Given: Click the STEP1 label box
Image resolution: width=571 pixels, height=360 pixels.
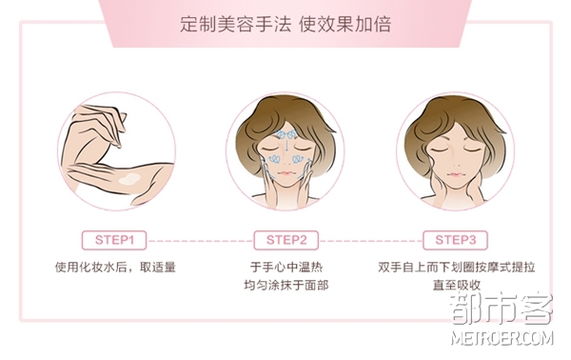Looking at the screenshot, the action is click(x=114, y=240).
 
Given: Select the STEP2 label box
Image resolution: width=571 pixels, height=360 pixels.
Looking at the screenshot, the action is click(x=286, y=240).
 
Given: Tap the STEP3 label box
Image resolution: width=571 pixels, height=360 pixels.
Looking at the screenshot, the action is click(x=455, y=240).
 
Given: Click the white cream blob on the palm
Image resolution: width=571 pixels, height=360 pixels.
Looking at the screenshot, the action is click(x=129, y=179).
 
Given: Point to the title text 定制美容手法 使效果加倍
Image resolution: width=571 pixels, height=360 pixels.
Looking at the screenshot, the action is click(x=285, y=25).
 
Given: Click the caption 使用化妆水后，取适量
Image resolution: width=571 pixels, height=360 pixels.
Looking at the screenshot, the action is click(x=115, y=267).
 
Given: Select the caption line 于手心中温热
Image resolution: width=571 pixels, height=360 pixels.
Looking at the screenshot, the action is click(x=286, y=267).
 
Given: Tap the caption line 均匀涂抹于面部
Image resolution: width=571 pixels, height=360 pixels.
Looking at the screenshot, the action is click(x=286, y=285).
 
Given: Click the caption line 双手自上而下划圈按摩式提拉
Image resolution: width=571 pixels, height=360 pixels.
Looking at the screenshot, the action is click(x=456, y=267).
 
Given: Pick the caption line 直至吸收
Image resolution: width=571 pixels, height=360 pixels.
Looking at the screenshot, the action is click(x=457, y=285).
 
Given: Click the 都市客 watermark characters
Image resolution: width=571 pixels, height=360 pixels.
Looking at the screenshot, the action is click(x=502, y=309).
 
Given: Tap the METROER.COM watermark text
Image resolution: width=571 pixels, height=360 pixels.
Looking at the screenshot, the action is click(x=502, y=338).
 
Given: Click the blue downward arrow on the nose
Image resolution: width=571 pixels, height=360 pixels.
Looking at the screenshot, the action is click(x=286, y=146).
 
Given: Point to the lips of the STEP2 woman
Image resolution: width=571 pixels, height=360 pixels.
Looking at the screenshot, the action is click(x=285, y=172).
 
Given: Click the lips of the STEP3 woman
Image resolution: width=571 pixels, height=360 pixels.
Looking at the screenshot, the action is click(x=455, y=174).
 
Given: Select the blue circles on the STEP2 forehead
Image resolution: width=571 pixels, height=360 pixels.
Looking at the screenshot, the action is click(x=286, y=134).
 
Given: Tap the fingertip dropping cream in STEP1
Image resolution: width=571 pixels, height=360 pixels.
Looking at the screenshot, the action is click(x=119, y=145).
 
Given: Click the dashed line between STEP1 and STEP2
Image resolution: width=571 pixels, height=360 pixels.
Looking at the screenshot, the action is click(x=200, y=241).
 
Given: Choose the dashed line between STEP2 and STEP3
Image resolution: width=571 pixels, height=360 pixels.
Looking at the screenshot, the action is click(x=371, y=241).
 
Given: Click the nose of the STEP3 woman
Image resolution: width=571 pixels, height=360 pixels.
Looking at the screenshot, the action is click(x=455, y=160).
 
